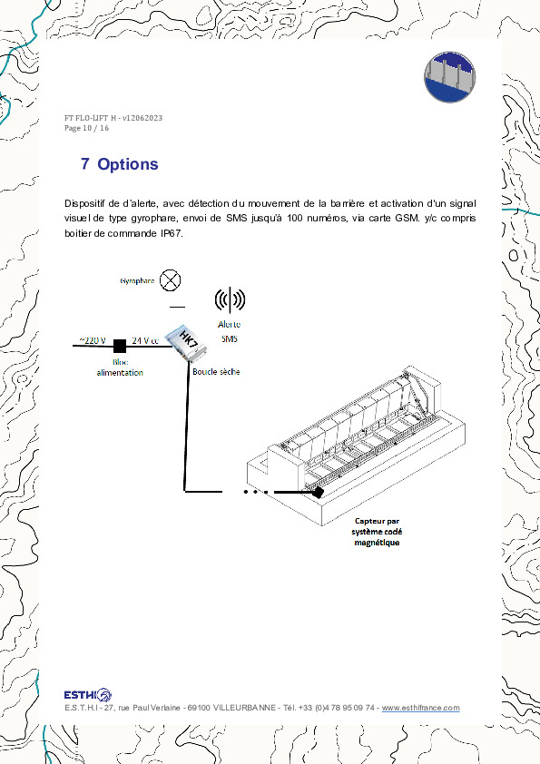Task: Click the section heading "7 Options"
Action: click(119, 164)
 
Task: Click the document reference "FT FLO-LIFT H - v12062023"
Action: click(113, 118)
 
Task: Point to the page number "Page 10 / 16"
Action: click(86, 128)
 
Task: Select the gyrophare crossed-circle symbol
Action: click(170, 280)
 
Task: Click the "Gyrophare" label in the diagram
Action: click(137, 281)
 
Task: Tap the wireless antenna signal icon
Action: click(230, 299)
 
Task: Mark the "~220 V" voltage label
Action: click(92, 340)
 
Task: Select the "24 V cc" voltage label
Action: click(145, 340)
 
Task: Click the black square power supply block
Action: click(119, 346)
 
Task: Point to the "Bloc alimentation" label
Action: click(120, 367)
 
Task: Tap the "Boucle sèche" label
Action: click(216, 372)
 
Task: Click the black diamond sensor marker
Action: click(318, 493)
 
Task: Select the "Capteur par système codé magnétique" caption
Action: click(378, 531)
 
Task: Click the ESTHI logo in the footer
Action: click(87, 694)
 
